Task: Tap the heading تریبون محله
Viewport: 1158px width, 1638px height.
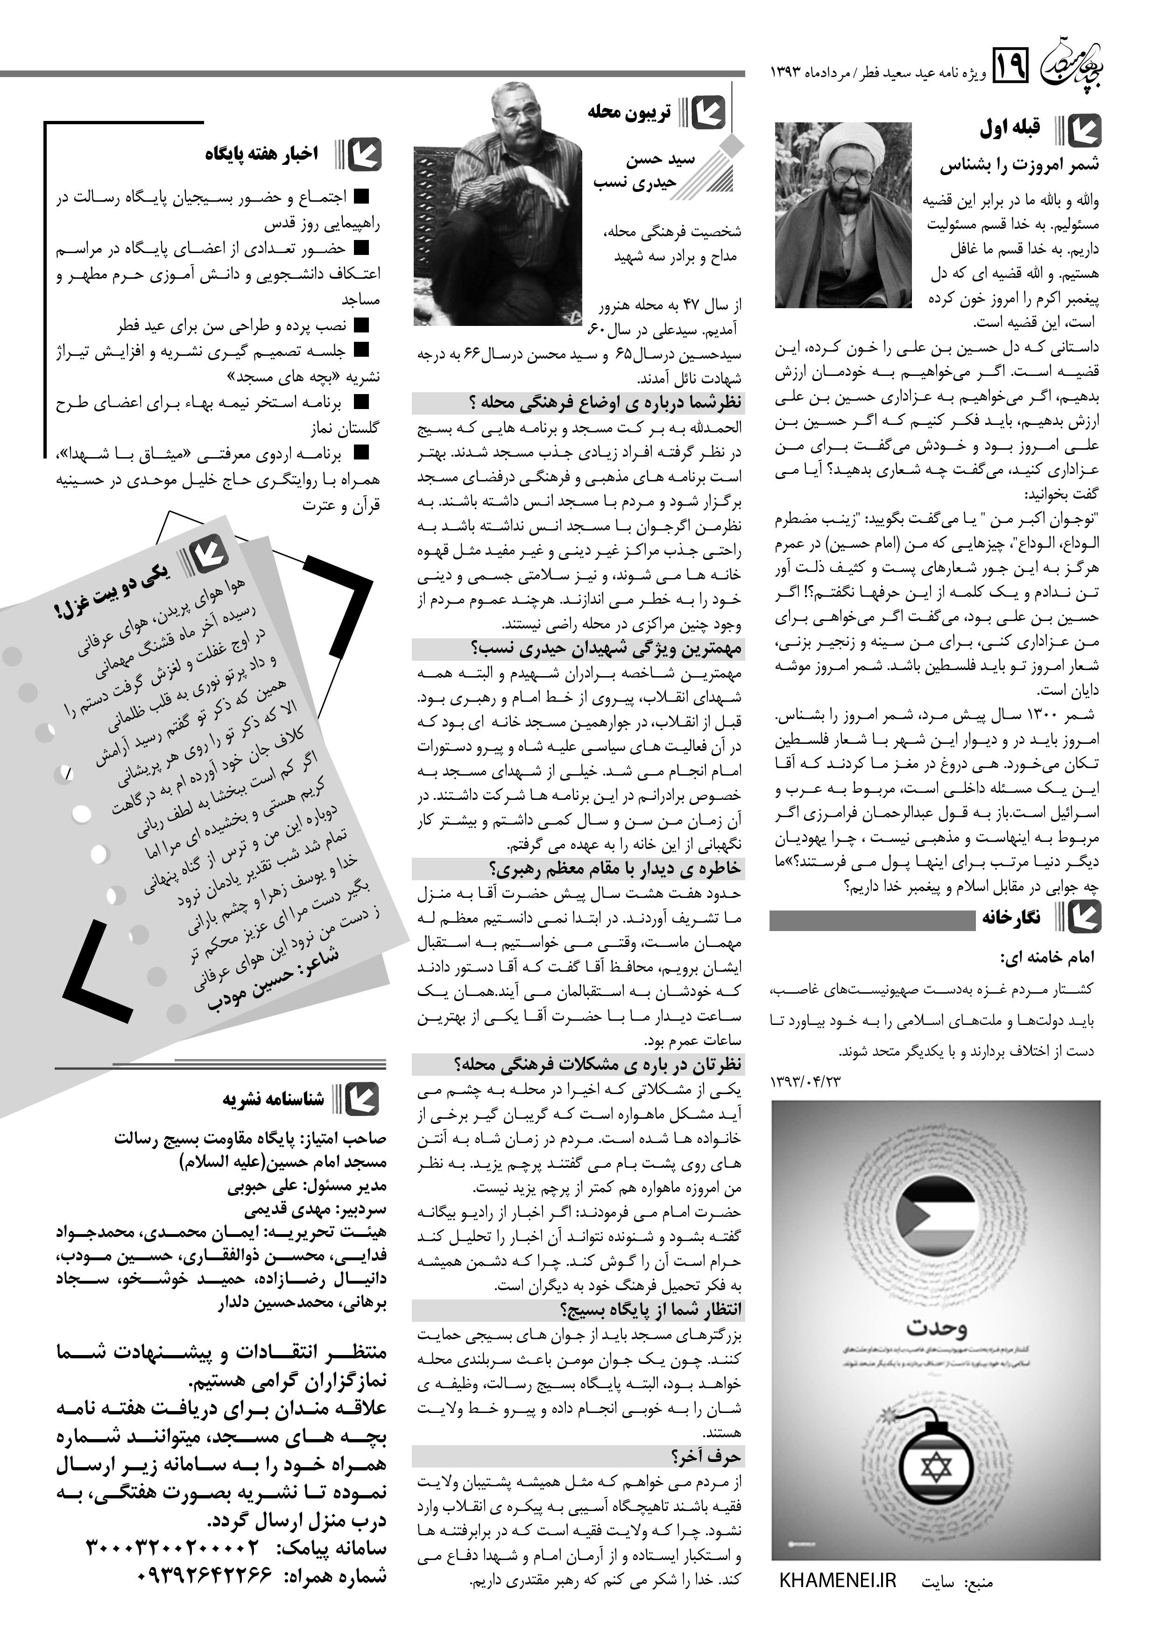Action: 629,112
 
